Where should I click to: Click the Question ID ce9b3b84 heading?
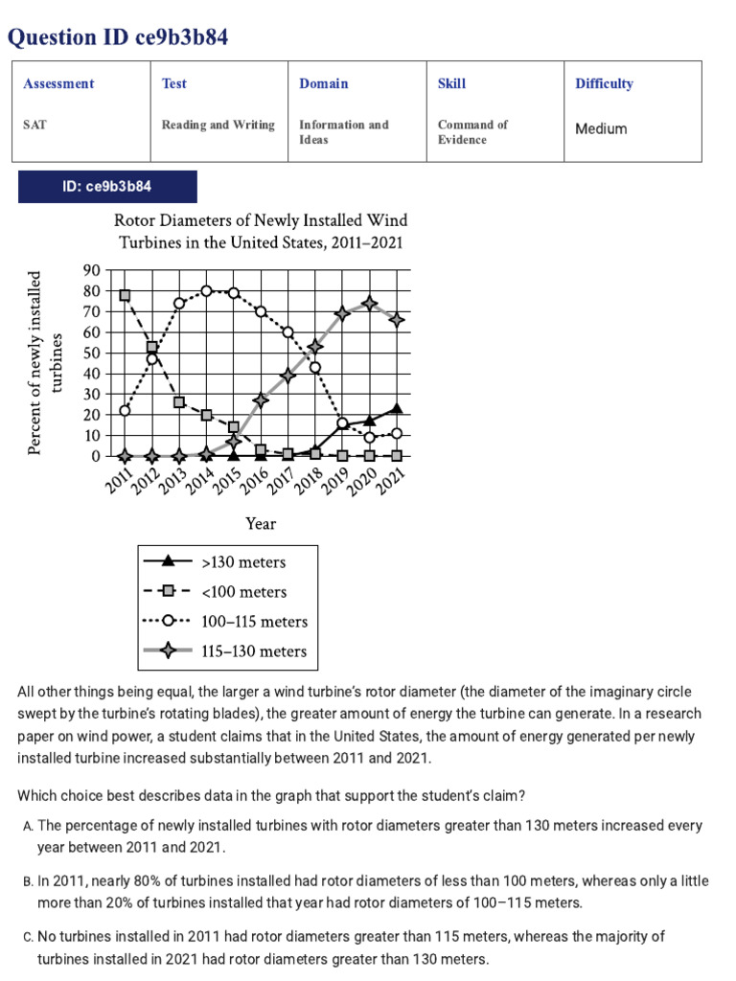tap(118, 37)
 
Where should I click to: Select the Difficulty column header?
tap(604, 83)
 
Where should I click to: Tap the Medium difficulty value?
tap(601, 128)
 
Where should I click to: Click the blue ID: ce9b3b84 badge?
tap(107, 187)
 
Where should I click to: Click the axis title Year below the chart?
tap(261, 523)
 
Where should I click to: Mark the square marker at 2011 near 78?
tap(126, 295)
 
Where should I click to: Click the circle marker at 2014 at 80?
tap(206, 290)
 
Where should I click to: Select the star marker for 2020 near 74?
tap(370, 304)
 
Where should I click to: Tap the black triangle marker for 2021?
tap(397, 409)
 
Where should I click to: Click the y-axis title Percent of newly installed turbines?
tap(47, 363)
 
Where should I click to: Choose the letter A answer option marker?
tap(26, 826)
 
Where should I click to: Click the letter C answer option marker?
tap(26, 936)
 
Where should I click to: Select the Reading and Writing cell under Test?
tap(218, 125)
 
